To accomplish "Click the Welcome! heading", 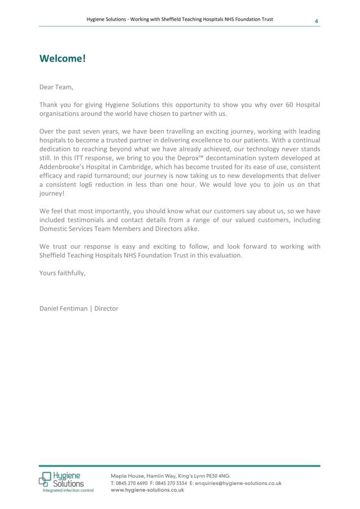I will point(63,59).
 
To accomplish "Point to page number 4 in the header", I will point(316,21).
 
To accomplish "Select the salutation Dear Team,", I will point(56,87).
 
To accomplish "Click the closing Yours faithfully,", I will point(62,273).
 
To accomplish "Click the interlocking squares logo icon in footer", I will point(45,479).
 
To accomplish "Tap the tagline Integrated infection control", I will point(68,490).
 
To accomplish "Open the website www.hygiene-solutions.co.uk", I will point(147,490).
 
